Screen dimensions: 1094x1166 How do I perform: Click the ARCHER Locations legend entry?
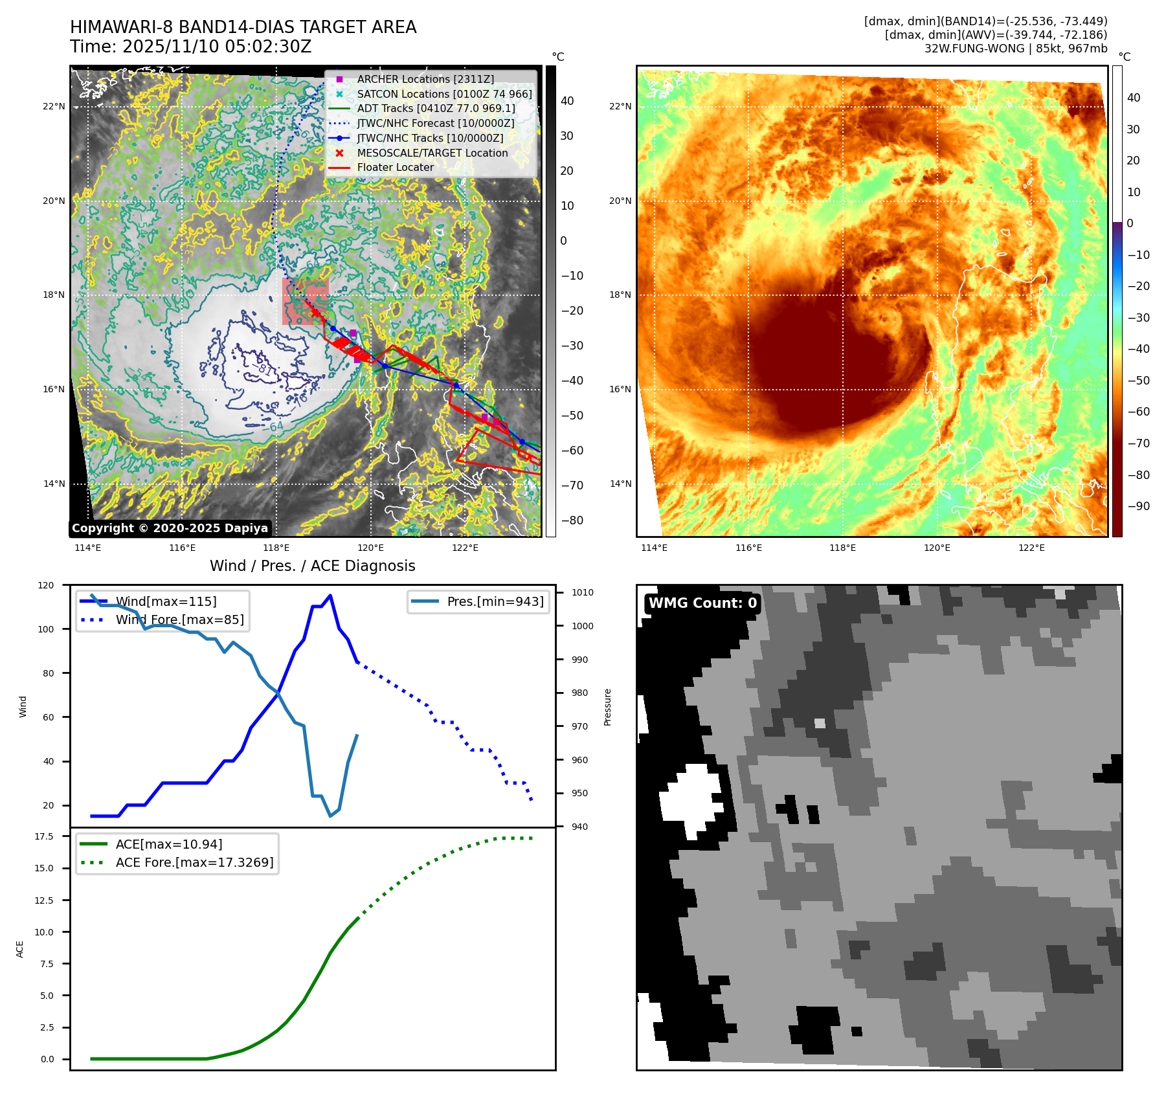pyautogui.click(x=425, y=79)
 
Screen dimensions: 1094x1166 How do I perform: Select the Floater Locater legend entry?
pyautogui.click(x=395, y=167)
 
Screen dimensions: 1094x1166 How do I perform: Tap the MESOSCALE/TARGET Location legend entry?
pyautogui.click(x=432, y=153)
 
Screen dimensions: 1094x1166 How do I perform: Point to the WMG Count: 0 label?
pyautogui.click(x=702, y=603)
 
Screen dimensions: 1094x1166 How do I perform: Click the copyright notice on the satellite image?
pyautogui.click(x=170, y=528)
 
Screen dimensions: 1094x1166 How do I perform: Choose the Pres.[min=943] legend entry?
pyautogui.click(x=495, y=601)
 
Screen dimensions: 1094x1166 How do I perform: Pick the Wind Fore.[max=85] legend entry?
pyautogui.click(x=179, y=620)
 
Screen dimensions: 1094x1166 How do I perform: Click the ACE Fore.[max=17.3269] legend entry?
pyautogui.click(x=194, y=862)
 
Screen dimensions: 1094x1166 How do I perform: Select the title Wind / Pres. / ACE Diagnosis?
pyautogui.click(x=313, y=566)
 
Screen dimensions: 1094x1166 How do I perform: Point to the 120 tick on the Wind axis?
pyautogui.click(x=46, y=585)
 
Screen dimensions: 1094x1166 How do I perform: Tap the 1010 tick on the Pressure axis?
pyautogui.click(x=583, y=592)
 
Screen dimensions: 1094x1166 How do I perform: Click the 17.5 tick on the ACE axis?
pyautogui.click(x=44, y=836)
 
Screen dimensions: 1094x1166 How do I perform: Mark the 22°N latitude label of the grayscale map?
pyautogui.click(x=54, y=107)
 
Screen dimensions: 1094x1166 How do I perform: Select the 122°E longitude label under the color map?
pyautogui.click(x=1031, y=548)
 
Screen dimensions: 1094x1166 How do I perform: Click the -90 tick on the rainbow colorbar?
pyautogui.click(x=1138, y=506)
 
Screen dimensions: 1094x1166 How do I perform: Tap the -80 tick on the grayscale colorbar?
pyautogui.click(x=572, y=520)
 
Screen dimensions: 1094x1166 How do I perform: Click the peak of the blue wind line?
pyautogui.click(x=330, y=596)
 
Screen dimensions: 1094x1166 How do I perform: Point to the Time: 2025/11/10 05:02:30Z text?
pyautogui.click(x=191, y=47)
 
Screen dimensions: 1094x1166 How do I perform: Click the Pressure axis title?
pyautogui.click(x=607, y=707)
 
